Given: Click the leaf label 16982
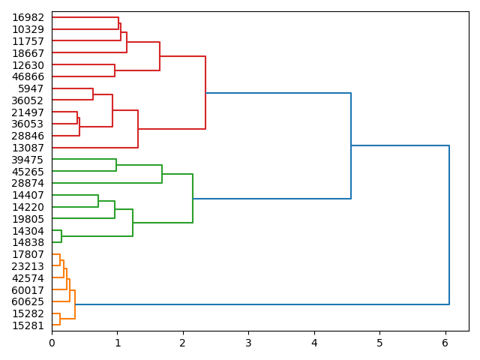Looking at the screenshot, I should click(x=28, y=17).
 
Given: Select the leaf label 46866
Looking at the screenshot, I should click(x=28, y=76).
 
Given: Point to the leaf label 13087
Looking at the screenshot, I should click(x=28, y=148).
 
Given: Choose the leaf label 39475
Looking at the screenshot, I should click(x=28, y=160).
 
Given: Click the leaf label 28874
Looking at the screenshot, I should click(x=28, y=183).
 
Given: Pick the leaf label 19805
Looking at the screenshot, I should click(x=28, y=219).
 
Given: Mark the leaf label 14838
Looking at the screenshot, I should click(x=28, y=243).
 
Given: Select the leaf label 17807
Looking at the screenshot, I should click(x=28, y=255).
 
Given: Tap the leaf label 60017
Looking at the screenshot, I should click(x=28, y=290).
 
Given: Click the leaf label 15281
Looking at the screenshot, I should click(x=28, y=325).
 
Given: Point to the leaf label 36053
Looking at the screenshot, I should click(x=28, y=124).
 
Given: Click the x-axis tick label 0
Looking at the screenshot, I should click(x=52, y=343).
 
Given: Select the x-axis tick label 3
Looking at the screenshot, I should click(x=248, y=343).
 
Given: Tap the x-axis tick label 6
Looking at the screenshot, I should click(x=445, y=343).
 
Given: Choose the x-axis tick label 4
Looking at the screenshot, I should click(x=314, y=343).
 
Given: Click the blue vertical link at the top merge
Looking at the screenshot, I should click(x=449, y=225).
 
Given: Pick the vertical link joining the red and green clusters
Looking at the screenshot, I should click(x=351, y=145).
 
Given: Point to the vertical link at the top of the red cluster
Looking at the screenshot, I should click(x=205, y=92).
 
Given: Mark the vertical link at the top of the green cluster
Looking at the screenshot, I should click(x=193, y=198).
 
